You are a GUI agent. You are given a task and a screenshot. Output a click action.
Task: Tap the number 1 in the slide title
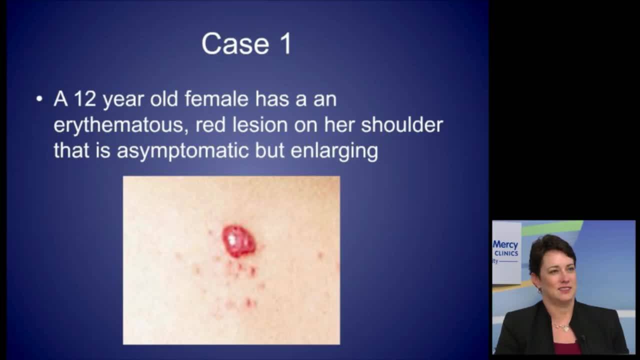[285, 44]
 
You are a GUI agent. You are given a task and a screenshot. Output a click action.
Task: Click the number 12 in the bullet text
[85, 99]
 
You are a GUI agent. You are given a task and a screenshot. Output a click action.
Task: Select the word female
[216, 99]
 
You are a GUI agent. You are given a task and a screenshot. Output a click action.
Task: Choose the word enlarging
[334, 151]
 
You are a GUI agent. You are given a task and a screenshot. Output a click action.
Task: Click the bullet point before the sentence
[39, 99]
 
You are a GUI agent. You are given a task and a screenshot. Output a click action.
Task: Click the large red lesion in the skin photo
[238, 241]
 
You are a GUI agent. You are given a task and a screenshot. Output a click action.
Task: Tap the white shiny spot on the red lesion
[232, 239]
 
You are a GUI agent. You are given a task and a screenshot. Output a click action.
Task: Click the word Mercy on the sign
[505, 245]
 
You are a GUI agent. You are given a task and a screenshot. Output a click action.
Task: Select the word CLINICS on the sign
[506, 253]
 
